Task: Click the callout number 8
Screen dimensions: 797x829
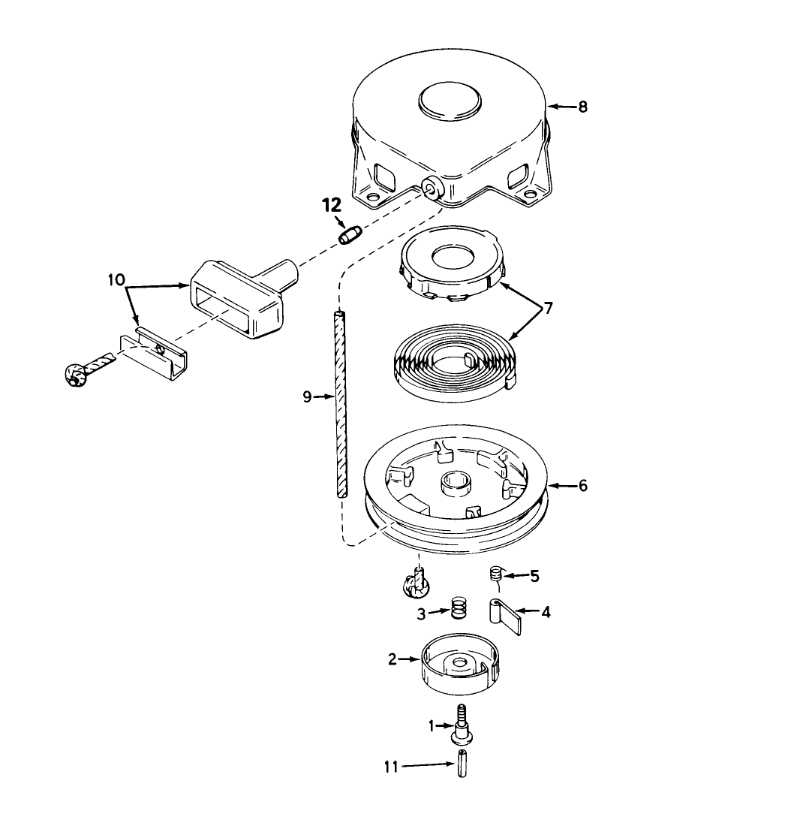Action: (x=582, y=107)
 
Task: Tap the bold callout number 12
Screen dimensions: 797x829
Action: (x=332, y=205)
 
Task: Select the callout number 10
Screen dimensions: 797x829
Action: (x=116, y=279)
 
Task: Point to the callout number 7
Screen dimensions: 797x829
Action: (x=548, y=308)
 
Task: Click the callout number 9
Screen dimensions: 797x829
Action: (x=307, y=396)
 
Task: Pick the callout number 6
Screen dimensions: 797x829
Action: (x=582, y=485)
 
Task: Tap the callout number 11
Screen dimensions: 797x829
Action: (x=391, y=767)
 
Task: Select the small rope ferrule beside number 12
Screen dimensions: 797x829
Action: (x=350, y=234)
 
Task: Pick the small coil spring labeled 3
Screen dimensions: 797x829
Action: (x=459, y=608)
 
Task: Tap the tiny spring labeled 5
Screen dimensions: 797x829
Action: (x=495, y=574)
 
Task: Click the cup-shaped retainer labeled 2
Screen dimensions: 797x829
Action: (x=459, y=664)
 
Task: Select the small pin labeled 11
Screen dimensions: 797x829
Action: (x=462, y=764)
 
